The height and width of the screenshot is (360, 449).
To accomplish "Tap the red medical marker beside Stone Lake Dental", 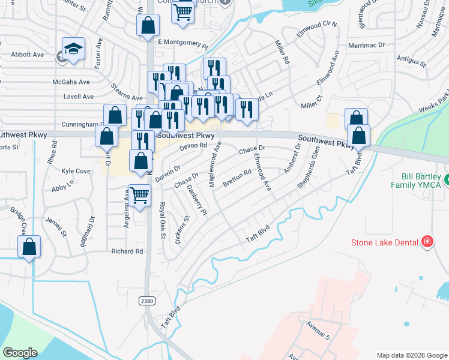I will click(427, 242).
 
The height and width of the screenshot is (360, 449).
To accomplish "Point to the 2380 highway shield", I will click(147, 300).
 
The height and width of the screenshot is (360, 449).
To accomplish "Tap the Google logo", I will click(20, 352).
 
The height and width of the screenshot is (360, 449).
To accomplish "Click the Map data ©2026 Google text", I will click(412, 355).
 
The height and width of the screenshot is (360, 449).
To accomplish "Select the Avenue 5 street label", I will click(318, 329).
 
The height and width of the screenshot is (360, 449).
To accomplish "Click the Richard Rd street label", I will click(127, 251).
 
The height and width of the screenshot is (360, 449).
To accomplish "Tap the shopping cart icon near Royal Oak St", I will click(139, 195).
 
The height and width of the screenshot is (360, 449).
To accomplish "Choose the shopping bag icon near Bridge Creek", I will click(29, 247).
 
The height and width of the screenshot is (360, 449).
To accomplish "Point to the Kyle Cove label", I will click(76, 171).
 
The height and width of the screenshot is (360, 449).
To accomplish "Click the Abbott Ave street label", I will click(28, 55).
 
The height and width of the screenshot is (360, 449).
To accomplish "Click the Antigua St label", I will click(411, 61).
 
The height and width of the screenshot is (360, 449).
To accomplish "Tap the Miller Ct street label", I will click(312, 101).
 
